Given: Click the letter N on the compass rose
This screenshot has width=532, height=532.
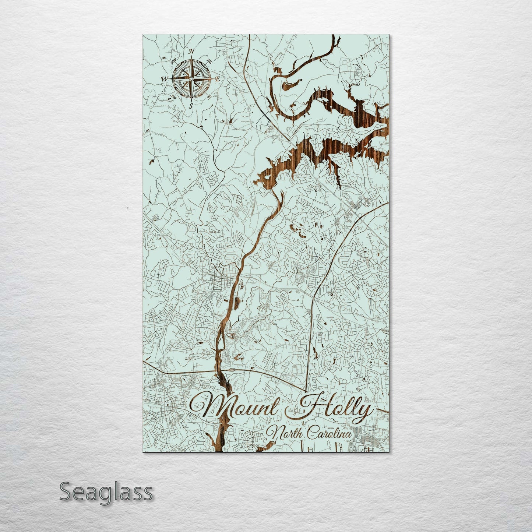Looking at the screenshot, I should click(191, 52).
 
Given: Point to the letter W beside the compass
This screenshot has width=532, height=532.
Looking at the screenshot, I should click(164, 79).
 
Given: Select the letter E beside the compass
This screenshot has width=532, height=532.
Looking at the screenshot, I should click(218, 79).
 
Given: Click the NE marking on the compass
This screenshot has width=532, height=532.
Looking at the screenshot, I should click(209, 60).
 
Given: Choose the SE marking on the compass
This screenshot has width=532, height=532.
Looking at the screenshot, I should click(209, 97).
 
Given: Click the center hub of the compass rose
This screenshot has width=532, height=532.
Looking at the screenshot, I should click(191, 78).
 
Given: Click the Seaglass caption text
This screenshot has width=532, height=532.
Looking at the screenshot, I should click(106, 492).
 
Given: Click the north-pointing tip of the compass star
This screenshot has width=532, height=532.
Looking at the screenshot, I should click(191, 58).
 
